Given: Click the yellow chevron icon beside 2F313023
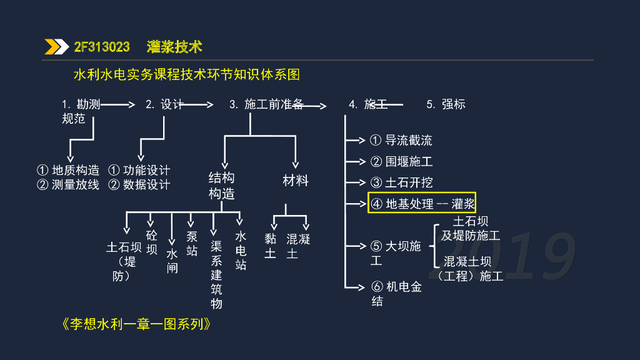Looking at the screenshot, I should (56, 47).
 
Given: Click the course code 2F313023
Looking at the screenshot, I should (102, 47).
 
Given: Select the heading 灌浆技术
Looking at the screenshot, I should (174, 47).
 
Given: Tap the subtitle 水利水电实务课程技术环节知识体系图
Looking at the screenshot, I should (187, 75).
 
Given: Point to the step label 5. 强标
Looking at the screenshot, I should (446, 104).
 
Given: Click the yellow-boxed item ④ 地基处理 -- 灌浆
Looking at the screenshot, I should (422, 203).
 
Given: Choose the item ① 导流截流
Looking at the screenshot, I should (401, 141).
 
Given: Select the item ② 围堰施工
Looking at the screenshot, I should (401, 162).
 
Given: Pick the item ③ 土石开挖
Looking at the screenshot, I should (401, 182).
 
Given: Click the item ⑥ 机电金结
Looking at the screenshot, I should (396, 294).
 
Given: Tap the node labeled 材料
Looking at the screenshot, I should (296, 181).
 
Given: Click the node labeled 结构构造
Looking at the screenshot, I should (221, 186).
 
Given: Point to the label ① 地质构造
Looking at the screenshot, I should (68, 170).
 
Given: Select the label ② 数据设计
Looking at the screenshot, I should (139, 185).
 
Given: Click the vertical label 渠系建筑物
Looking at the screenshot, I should (216, 275).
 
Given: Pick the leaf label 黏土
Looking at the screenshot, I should (270, 246).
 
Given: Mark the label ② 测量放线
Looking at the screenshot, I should (68, 185).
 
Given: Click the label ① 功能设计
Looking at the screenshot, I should (139, 170).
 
